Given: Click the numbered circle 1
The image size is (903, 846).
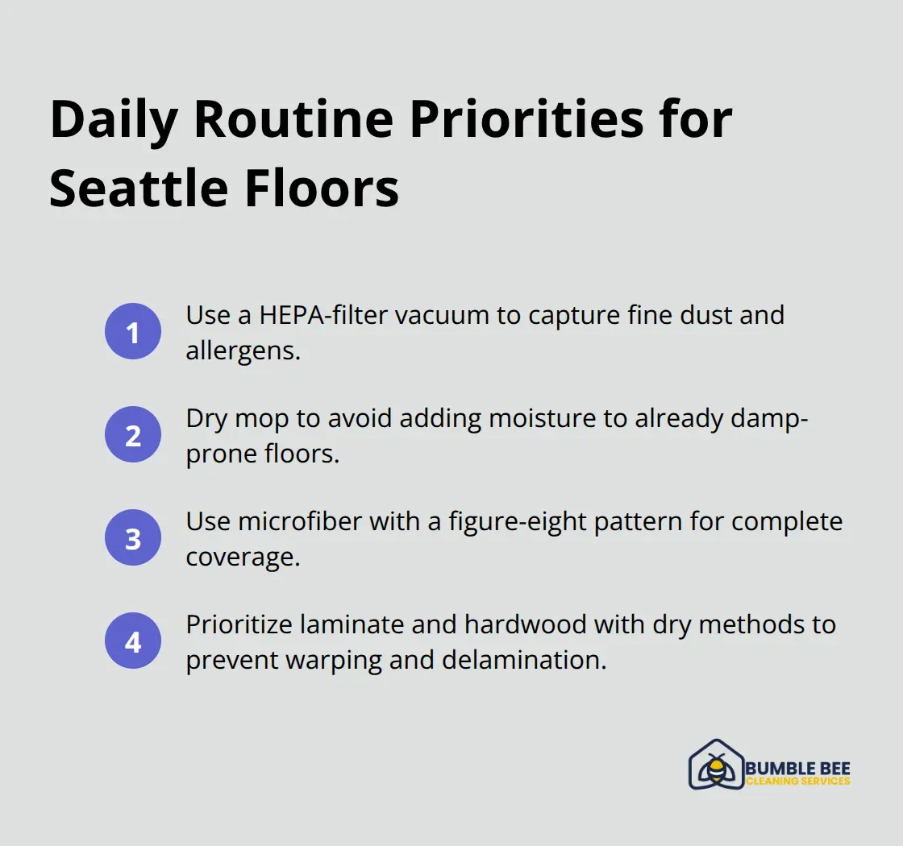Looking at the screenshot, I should [133, 332].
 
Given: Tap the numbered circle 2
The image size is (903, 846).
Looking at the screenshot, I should [133, 435].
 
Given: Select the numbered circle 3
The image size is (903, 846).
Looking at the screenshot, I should [133, 538].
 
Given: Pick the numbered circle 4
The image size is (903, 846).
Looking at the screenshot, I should [133, 642].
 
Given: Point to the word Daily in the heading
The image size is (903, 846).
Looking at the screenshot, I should [112, 120].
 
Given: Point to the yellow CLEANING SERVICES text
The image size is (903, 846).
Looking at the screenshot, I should [797, 782].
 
